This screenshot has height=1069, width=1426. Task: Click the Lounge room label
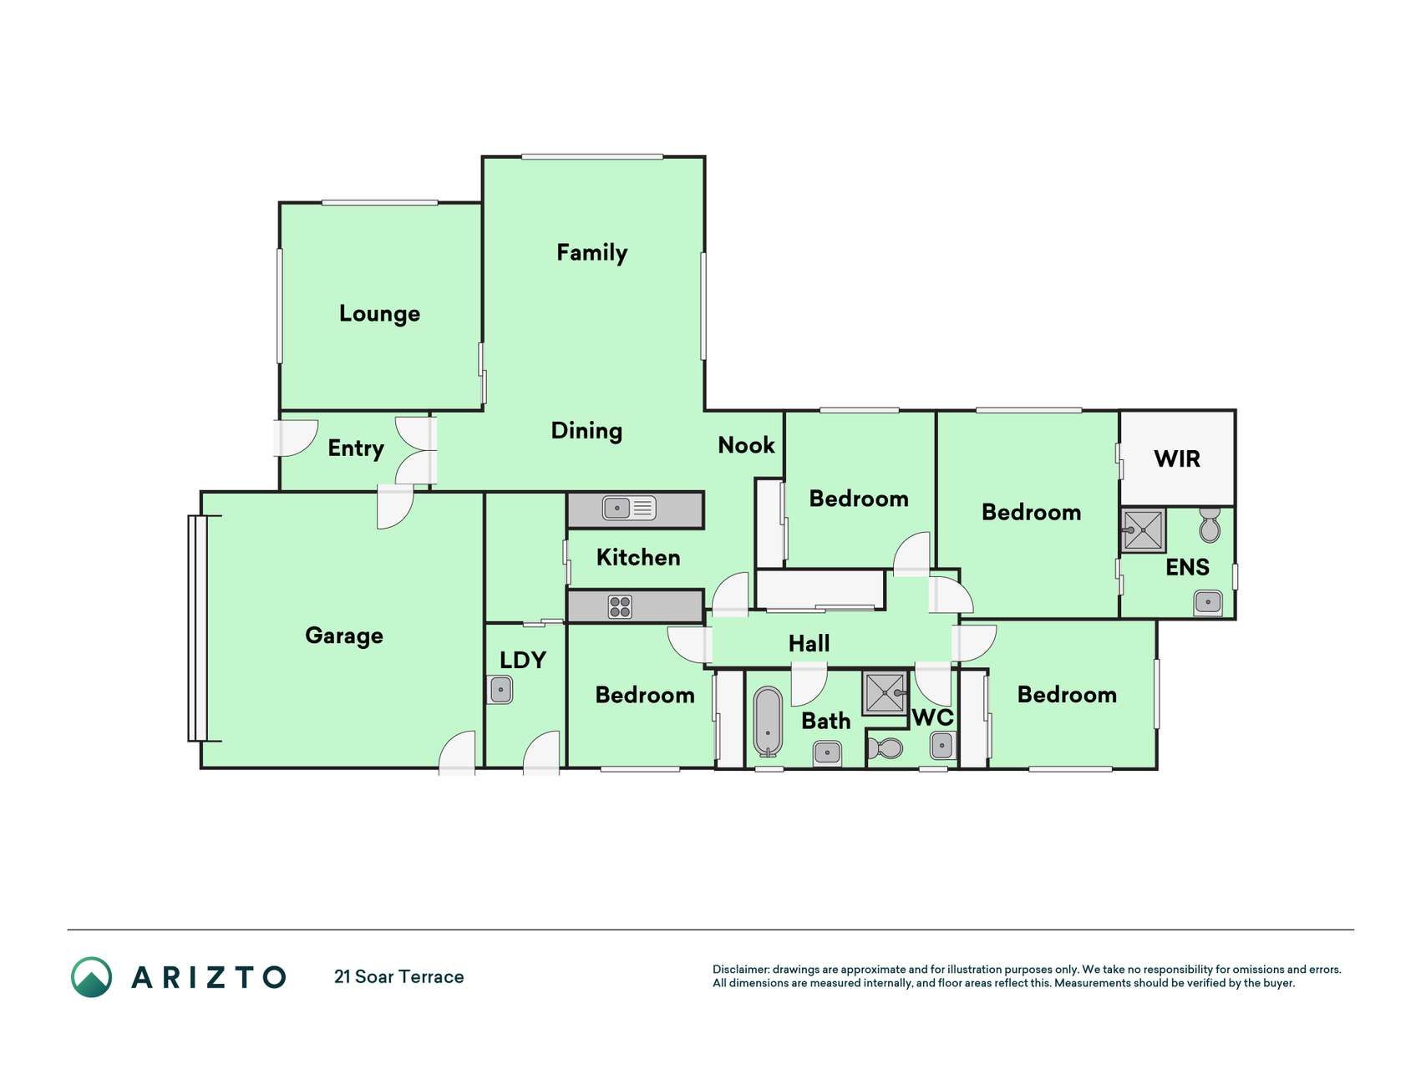point(379,314)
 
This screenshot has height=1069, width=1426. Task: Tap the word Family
point(591,253)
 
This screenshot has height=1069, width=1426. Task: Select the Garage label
point(344,636)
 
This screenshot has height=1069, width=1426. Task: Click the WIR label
point(1177,459)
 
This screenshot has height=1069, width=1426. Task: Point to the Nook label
point(746,445)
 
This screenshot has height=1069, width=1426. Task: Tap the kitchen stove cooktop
point(620,606)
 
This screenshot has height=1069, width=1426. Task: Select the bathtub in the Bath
point(769,720)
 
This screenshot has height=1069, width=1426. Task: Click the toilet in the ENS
point(1209,524)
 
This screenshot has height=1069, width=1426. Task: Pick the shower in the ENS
point(1143,529)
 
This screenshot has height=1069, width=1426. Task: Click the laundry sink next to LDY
point(500,690)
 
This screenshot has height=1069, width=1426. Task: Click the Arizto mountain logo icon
point(91,977)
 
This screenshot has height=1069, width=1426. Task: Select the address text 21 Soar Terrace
point(399,977)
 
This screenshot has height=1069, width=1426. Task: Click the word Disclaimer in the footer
point(740,970)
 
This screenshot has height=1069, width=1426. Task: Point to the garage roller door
point(197,628)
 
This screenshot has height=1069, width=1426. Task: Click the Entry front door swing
point(297,438)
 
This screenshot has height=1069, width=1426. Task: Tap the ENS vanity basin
point(1208,601)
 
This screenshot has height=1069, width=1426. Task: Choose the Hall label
point(809,644)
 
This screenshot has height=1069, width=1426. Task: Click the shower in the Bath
point(885,692)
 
